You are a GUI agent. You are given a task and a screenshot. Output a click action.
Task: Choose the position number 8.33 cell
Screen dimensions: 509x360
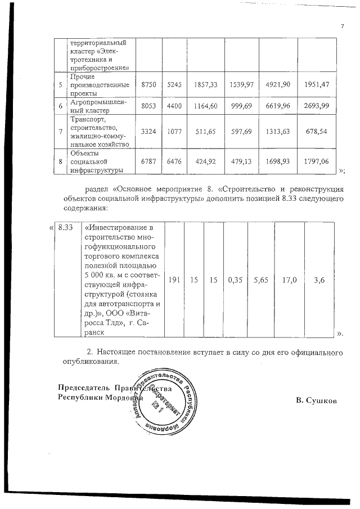click(x=66, y=227)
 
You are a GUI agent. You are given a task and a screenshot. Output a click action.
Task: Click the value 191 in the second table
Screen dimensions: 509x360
click(x=174, y=279)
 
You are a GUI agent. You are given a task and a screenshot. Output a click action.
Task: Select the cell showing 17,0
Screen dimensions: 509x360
click(x=289, y=279)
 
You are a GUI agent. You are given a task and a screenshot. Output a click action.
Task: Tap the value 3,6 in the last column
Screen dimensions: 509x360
click(x=318, y=279)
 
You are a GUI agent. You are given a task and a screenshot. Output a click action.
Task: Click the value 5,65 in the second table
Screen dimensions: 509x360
click(x=261, y=279)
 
